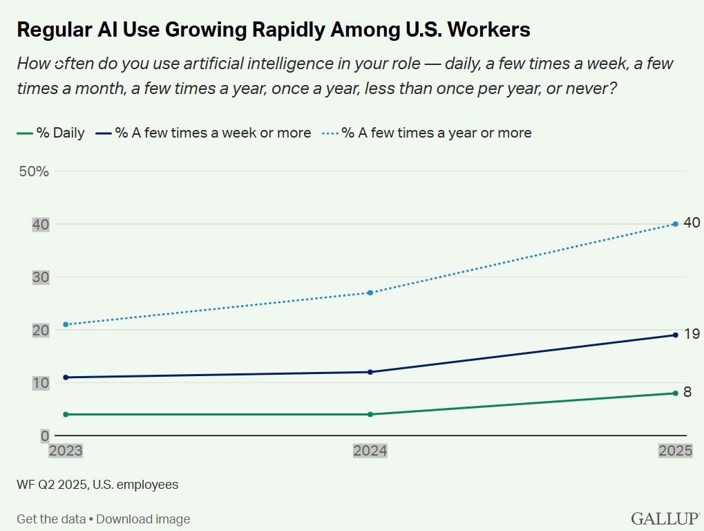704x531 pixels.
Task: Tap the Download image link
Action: (143, 519)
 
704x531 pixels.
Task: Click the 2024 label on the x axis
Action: (370, 451)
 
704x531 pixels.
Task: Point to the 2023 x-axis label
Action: (65, 451)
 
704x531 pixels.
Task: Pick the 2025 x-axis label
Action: (674, 451)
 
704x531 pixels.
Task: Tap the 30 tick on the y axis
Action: (41, 277)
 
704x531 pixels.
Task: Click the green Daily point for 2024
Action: (370, 414)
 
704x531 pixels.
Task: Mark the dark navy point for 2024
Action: (370, 372)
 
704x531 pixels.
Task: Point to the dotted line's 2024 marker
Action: (370, 292)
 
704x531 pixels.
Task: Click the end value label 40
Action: (691, 223)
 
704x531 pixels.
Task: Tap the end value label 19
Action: (691, 334)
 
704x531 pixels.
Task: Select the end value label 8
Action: (687, 392)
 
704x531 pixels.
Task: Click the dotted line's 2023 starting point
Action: (65, 324)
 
